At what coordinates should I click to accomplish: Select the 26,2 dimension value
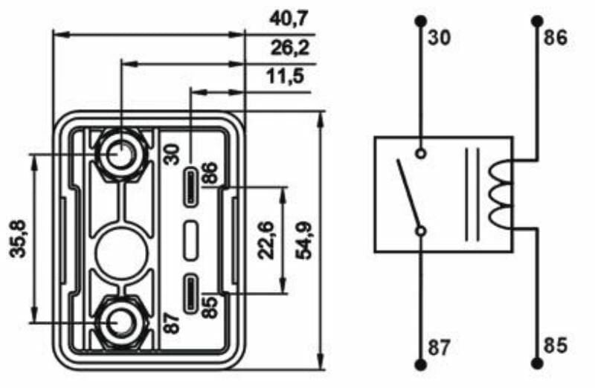[289, 49]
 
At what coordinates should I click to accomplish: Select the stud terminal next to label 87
[119, 323]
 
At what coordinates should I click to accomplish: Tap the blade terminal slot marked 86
[191, 187]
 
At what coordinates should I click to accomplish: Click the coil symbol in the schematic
[497, 195]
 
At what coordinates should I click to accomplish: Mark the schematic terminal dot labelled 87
[421, 365]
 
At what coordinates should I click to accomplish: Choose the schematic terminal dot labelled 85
[537, 365]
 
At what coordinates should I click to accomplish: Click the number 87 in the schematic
[439, 346]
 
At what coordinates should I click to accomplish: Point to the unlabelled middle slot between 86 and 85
[191, 239]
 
